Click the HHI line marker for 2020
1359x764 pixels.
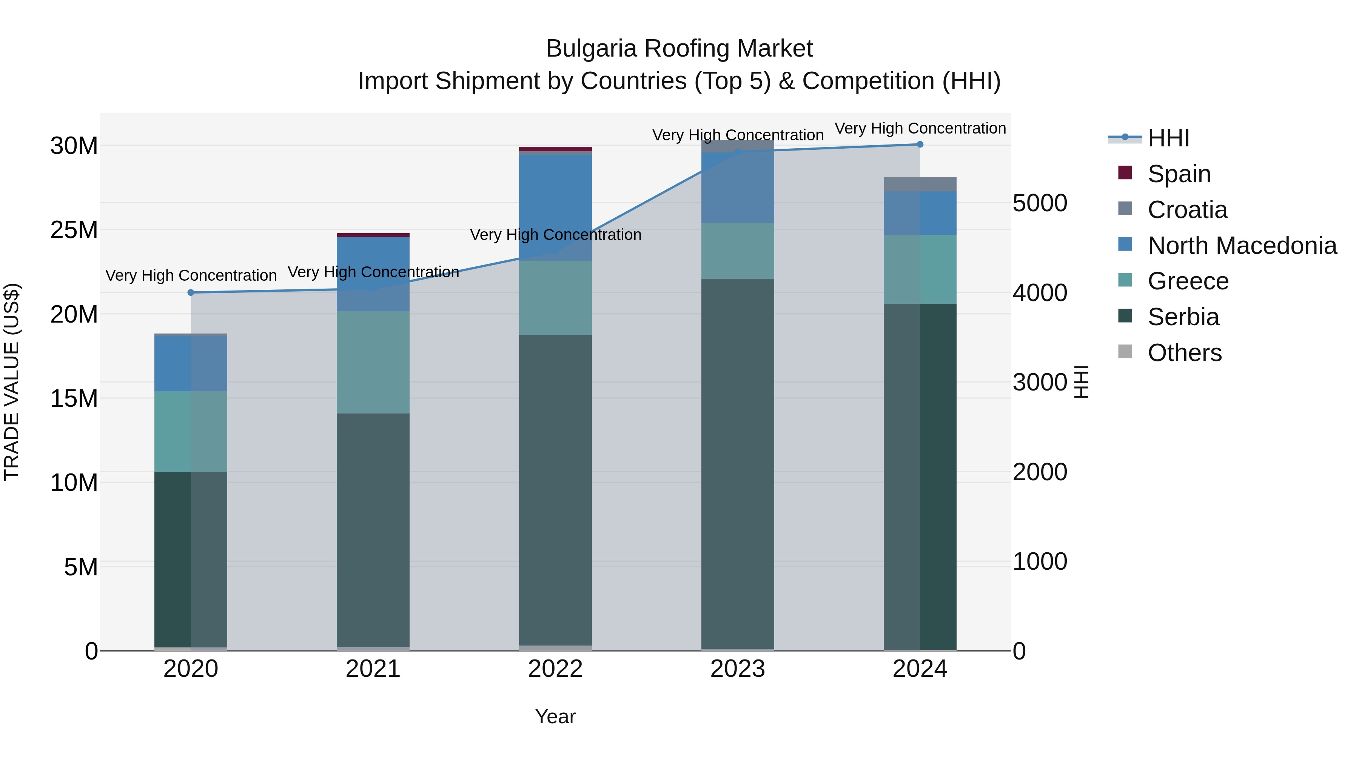click(x=191, y=293)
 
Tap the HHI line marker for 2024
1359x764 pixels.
click(x=920, y=144)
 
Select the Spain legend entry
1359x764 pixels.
click(x=1179, y=174)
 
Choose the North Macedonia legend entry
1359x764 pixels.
click(x=1242, y=246)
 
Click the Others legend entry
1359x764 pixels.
click(x=1184, y=353)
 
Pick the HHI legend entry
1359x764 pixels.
click(x=1168, y=138)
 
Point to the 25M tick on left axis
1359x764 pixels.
click(x=74, y=230)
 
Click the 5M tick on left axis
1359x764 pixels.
click(x=81, y=567)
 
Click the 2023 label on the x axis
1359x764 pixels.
click(x=738, y=669)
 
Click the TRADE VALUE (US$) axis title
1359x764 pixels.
click(x=12, y=382)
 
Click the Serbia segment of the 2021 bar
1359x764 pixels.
click(x=373, y=527)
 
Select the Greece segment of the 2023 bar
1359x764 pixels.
click(x=738, y=251)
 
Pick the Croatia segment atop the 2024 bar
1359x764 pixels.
click(x=920, y=184)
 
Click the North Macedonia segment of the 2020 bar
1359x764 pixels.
click(x=191, y=364)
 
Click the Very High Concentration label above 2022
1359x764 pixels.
click(x=556, y=235)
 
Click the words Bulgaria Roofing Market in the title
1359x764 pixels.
click(x=679, y=49)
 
